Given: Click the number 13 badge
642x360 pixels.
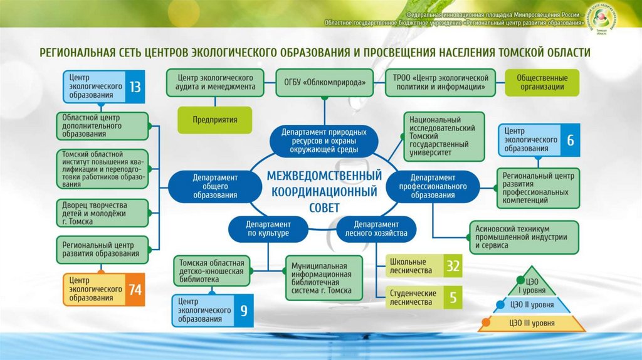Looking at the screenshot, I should click(x=135, y=87).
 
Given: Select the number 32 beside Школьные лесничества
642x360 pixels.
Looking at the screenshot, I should click(x=453, y=266).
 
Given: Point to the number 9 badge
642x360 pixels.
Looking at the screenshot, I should click(x=244, y=310).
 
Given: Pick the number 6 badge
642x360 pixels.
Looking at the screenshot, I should click(x=571, y=140).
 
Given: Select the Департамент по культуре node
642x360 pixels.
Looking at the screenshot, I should click(x=268, y=229).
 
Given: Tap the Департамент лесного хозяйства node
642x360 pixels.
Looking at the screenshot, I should click(x=376, y=229).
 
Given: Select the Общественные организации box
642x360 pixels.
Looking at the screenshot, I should click(x=542, y=82).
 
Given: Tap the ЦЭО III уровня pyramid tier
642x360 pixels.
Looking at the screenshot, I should click(x=533, y=323).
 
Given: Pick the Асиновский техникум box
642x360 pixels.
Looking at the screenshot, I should click(x=521, y=237).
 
